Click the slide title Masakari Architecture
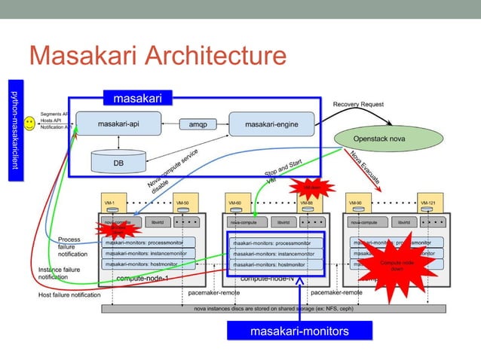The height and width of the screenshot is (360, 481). pos(157,56)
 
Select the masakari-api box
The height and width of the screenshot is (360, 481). pos(116,124)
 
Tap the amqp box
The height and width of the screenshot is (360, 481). pos(198,124)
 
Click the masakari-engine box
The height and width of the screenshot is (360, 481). pos(271,124)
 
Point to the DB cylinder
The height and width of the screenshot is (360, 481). pos(118,161)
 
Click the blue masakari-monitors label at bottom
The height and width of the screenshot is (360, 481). pos(299,331)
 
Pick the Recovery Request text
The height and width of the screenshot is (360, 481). pos(358,104)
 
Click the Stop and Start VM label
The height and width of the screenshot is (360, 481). pos(281,172)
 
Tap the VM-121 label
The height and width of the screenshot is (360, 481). pos(427,203)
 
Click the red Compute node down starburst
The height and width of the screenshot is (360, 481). pos(396,265)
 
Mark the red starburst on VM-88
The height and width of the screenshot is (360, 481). pos(311,188)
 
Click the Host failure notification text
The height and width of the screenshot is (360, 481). pos(69,294)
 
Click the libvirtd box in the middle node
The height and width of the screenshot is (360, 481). pos(283,223)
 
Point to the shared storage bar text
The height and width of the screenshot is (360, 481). pos(273,309)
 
